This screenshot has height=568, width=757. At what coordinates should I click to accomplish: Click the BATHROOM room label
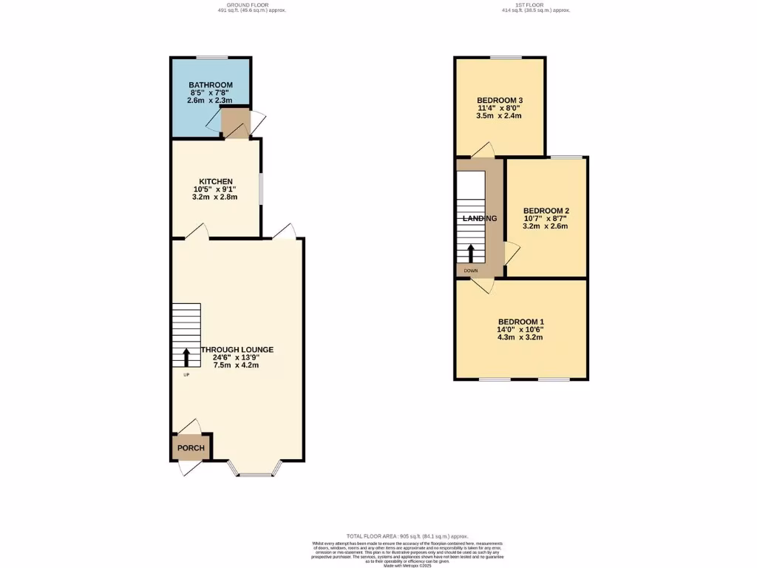(210, 85)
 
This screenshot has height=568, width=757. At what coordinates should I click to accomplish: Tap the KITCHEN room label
(216, 181)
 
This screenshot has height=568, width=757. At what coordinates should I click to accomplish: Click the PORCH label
(190, 448)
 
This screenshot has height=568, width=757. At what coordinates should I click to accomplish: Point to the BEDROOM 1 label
(520, 322)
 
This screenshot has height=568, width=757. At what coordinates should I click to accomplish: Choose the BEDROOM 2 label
(546, 210)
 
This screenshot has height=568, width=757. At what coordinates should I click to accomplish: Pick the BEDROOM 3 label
(500, 101)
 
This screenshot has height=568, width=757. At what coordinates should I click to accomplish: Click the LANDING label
(479, 219)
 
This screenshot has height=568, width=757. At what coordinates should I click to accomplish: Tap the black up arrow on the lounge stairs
(186, 358)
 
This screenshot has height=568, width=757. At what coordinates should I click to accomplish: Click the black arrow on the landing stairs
(470, 252)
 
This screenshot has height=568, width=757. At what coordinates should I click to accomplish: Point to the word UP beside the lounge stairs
(186, 375)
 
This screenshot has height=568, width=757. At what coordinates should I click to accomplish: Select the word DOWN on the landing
(471, 271)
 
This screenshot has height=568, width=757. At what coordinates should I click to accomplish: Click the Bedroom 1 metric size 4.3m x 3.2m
(520, 337)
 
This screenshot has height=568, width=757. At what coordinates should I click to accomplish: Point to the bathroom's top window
(211, 57)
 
